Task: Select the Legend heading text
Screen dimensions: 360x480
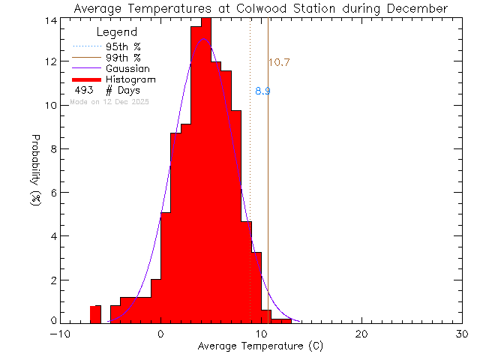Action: tap(117, 32)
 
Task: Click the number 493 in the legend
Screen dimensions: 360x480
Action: tap(83, 91)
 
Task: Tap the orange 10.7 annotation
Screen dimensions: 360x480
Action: tap(279, 63)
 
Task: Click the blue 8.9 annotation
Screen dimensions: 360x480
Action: tap(262, 91)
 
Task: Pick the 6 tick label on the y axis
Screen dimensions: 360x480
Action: tap(52, 193)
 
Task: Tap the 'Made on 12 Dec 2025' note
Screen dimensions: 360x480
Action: tap(109, 101)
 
